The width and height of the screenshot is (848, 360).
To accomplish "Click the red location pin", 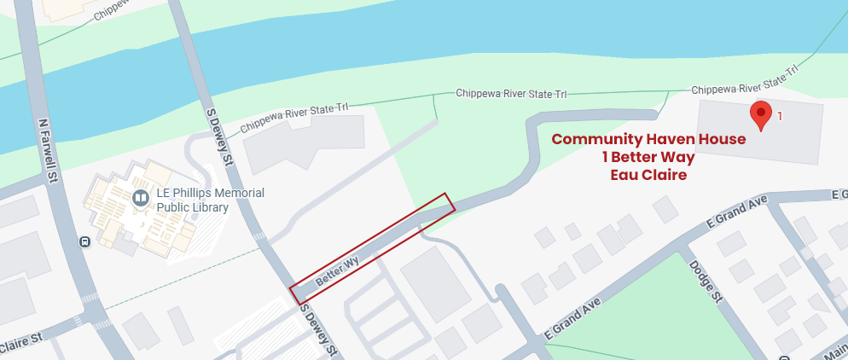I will tap(760, 113).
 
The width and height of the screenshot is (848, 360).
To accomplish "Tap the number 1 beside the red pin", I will tap(780, 114).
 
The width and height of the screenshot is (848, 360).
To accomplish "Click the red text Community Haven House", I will tap(648, 139).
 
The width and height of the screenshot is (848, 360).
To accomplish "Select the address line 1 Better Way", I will tap(648, 157).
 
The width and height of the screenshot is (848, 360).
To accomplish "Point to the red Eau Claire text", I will tap(648, 175).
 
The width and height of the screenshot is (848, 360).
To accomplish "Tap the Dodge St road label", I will tap(705, 282).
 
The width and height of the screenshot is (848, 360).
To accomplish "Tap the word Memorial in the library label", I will tap(235, 193).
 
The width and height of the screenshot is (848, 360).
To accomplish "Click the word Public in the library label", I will tap(176, 207).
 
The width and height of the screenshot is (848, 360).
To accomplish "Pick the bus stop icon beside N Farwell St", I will tap(84, 241).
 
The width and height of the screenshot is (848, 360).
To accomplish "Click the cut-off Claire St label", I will tap(20, 343).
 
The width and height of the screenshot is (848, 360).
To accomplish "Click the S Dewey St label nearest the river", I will tap(219, 136).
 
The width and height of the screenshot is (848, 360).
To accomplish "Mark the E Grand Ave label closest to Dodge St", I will tap(738, 214).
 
